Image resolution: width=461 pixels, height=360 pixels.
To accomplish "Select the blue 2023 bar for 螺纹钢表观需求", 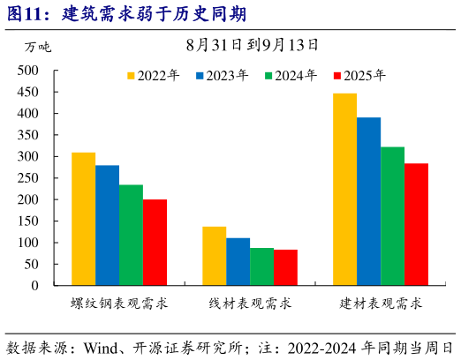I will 107,225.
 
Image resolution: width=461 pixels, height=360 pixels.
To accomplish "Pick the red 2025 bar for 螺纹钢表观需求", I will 155,243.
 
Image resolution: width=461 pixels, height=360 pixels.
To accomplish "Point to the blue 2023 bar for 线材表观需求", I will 238,262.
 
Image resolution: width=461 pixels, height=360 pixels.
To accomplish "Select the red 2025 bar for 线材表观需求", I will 285,267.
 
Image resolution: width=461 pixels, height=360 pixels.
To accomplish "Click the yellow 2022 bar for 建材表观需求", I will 344,190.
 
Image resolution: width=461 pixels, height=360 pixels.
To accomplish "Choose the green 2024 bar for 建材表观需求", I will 392,216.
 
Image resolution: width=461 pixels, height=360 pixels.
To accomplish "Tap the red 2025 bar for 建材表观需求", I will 416,224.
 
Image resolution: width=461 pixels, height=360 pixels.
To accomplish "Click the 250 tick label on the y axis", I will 28,178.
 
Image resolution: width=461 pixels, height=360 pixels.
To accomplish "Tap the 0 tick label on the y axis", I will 35,286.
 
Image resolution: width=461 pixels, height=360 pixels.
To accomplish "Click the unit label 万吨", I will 38,48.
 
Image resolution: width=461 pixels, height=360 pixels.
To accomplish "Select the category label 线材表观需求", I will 250,304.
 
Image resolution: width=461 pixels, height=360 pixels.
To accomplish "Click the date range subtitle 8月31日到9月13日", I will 253,43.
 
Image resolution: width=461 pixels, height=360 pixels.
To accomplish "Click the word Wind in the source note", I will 102,347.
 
